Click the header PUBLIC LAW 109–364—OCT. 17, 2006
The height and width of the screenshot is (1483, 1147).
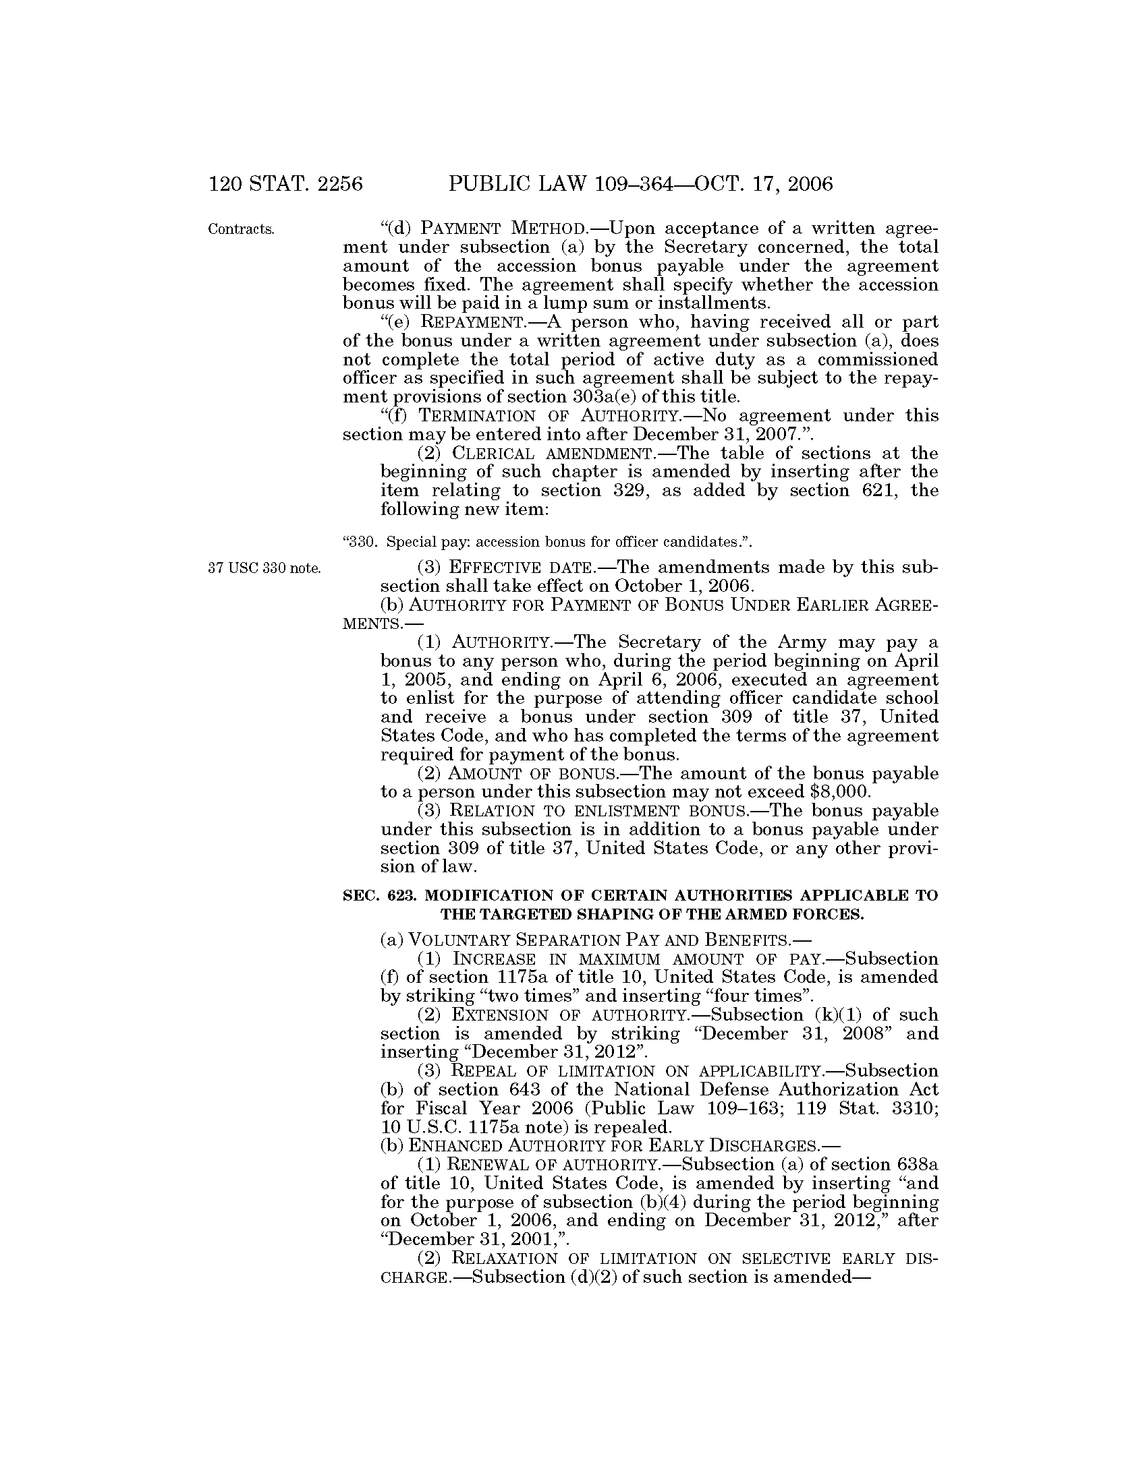point(640,184)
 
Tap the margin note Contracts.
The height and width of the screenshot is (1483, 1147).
point(242,229)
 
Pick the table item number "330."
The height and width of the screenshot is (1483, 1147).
point(360,542)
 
